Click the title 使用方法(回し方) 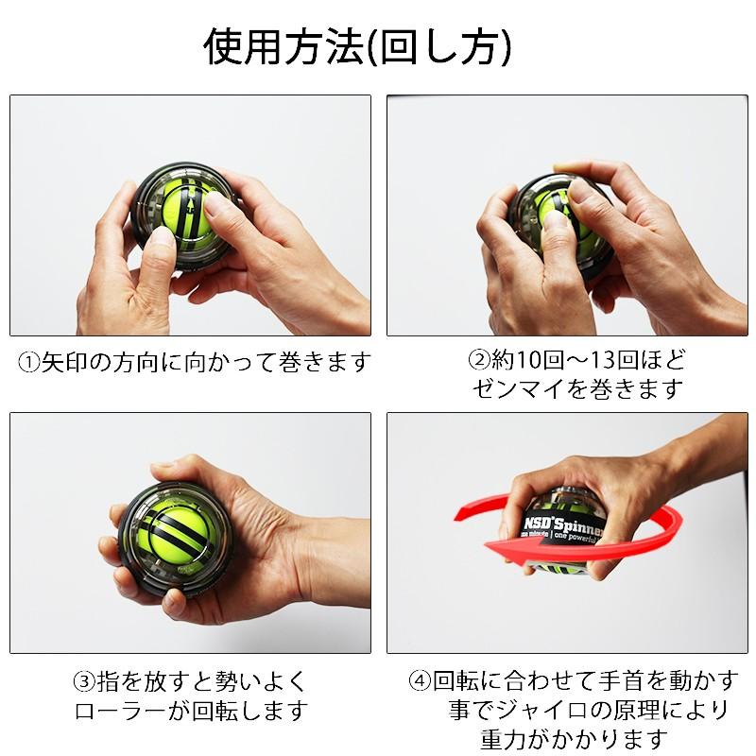tap(358, 47)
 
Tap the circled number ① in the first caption tap(29, 362)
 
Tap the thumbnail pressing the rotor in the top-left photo tap(219, 203)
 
